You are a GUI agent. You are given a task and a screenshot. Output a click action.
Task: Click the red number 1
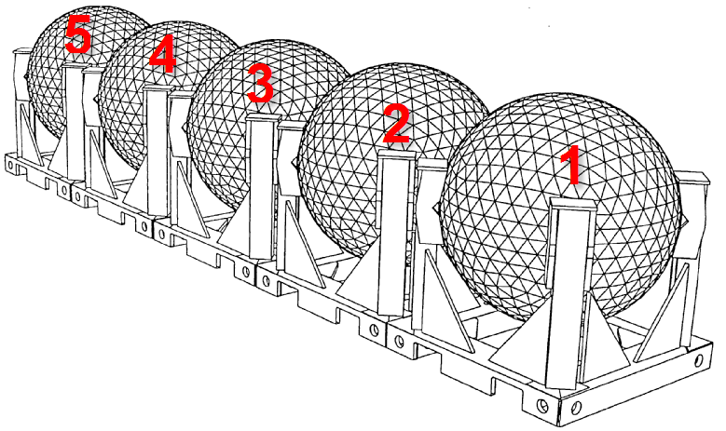pos(572,165)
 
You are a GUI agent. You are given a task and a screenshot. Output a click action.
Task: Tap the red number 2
pos(396,123)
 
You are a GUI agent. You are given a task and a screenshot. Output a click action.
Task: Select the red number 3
pos(261,83)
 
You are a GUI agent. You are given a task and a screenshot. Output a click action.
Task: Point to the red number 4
pos(162,54)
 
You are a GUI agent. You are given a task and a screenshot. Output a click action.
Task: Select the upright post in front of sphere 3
pos(263,186)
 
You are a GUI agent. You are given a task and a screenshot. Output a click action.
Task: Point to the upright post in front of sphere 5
pos(73,121)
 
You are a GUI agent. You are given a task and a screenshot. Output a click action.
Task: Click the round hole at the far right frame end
pos(699,359)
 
